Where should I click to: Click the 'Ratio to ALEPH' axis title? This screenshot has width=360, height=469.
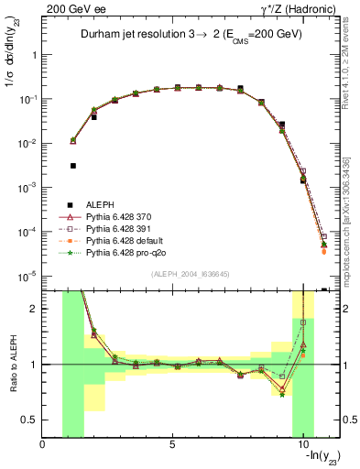(13, 365)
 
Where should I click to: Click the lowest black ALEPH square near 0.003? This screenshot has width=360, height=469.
(72, 166)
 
